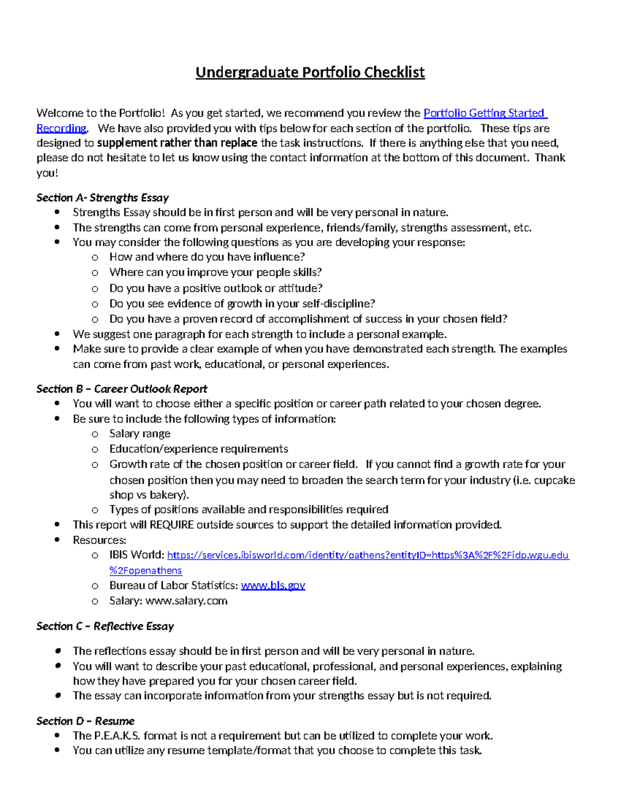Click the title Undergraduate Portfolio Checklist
(x=310, y=72)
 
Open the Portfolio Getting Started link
(x=484, y=113)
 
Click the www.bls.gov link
(x=273, y=585)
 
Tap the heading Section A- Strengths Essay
(x=102, y=198)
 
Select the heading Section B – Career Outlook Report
(x=122, y=389)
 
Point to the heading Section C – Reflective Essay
(x=105, y=626)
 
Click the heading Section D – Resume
(x=85, y=721)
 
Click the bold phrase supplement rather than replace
(x=177, y=143)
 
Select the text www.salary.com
(x=186, y=601)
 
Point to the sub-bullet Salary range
(x=140, y=434)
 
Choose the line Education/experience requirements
(x=199, y=449)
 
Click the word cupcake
(x=554, y=480)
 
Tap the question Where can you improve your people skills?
(x=215, y=272)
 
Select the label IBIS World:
(x=137, y=555)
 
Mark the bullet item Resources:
(x=99, y=540)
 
